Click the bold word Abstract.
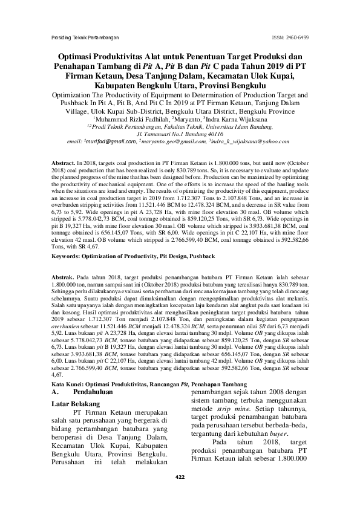point(63,164)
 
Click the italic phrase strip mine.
point(223,417)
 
